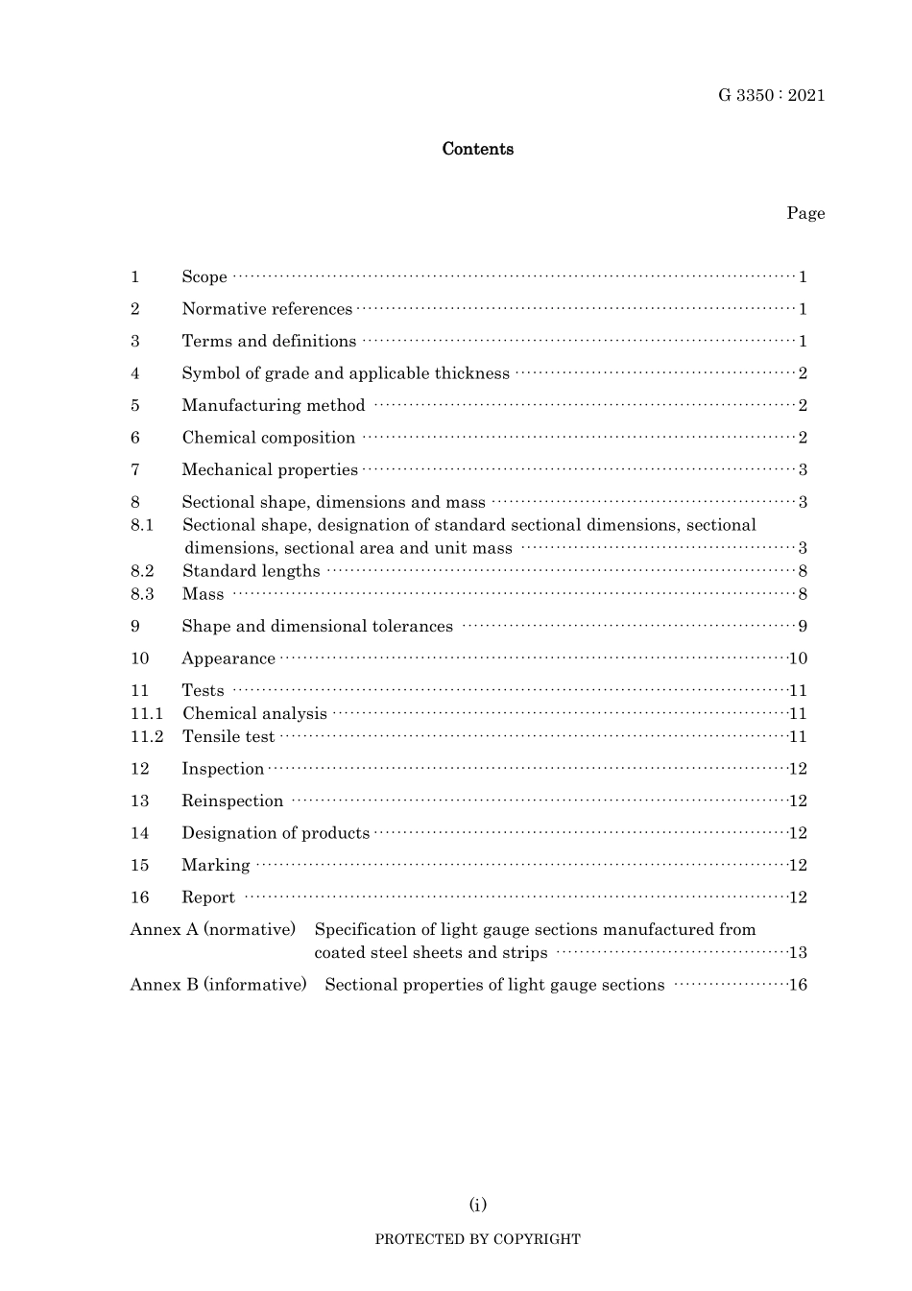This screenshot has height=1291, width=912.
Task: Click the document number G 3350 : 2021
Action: (771, 95)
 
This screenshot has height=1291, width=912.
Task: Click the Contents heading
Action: (477, 149)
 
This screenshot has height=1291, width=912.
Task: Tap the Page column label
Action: (805, 213)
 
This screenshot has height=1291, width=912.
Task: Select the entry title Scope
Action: (204, 277)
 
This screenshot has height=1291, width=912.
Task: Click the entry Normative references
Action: (267, 309)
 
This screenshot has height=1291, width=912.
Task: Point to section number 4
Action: (135, 373)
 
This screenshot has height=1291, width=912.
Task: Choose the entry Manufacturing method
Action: (274, 406)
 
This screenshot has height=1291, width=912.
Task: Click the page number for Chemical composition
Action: (803, 438)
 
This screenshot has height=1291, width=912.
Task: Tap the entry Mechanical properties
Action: (270, 470)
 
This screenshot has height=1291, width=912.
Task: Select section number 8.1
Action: (142, 525)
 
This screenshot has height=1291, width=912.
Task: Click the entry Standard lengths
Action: (252, 571)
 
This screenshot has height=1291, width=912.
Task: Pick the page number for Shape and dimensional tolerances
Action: (803, 627)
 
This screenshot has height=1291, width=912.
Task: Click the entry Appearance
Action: (228, 658)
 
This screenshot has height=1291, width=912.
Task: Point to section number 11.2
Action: (147, 737)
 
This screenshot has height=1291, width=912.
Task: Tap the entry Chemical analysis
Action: (254, 714)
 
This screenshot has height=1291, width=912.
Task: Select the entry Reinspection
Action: (232, 801)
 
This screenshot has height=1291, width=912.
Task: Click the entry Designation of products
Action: (276, 833)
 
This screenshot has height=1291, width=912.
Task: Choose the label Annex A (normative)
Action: (213, 929)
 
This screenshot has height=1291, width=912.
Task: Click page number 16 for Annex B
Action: (798, 985)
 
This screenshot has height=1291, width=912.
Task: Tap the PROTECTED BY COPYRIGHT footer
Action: (477, 1239)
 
